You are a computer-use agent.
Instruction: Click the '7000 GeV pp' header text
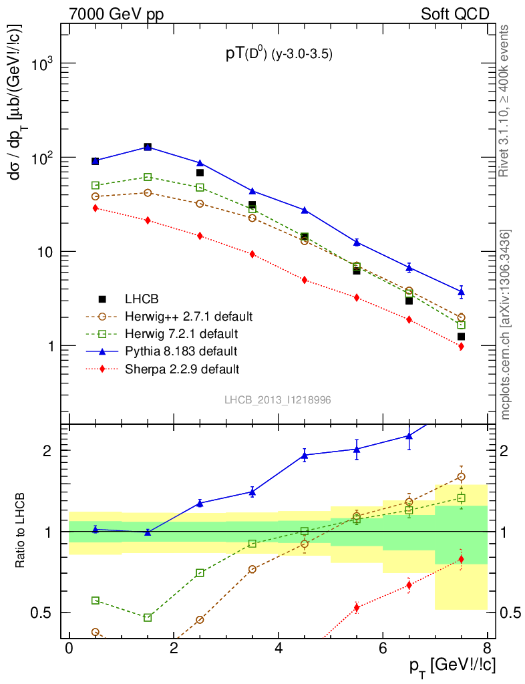[120, 13]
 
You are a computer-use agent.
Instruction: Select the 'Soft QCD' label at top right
[455, 13]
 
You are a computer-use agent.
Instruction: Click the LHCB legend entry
[140, 299]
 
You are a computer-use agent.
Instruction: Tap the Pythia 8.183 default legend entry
[180, 351]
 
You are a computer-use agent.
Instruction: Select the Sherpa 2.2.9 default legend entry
[182, 368]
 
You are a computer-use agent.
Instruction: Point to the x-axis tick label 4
[278, 649]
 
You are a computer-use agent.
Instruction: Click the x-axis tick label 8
[487, 649]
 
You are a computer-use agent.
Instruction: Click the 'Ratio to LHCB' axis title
[21, 532]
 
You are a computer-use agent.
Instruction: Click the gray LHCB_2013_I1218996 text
[278, 399]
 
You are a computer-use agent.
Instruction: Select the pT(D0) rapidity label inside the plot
[279, 55]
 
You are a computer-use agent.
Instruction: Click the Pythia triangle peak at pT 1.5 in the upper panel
[148, 146]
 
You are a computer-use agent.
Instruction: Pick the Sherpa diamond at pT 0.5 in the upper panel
[96, 208]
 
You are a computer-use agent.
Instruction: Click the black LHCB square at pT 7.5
[461, 337]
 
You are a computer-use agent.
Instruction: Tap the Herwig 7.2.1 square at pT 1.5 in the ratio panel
[148, 617]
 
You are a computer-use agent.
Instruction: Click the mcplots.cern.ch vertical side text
[506, 324]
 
